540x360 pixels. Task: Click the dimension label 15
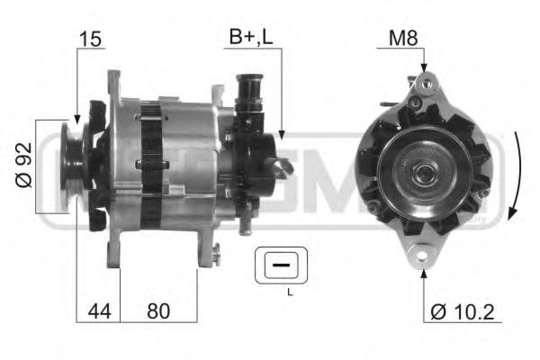pyautogui.click(x=90, y=40)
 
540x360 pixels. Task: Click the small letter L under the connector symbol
pyautogui.click(x=289, y=293)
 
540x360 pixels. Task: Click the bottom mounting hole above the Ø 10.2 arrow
pyautogui.click(x=422, y=257)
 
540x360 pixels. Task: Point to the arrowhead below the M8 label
pyautogui.click(x=422, y=68)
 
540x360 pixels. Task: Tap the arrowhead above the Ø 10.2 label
pyautogui.click(x=422, y=273)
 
